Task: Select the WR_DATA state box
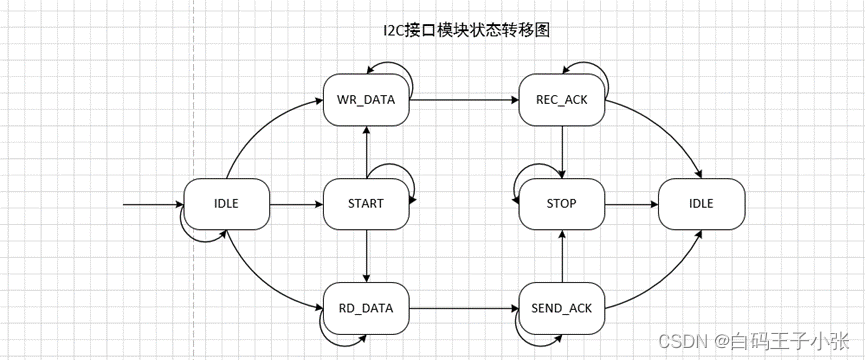367,100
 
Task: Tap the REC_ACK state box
561,100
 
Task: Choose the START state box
367,203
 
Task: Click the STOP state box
561,203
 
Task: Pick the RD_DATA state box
367,307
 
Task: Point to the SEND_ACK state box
561,307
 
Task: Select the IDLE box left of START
227,203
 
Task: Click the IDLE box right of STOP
701,203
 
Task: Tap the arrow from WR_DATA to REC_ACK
464,100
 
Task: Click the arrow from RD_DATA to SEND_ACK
464,307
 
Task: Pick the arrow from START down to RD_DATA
367,255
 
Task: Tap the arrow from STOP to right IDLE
631,203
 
